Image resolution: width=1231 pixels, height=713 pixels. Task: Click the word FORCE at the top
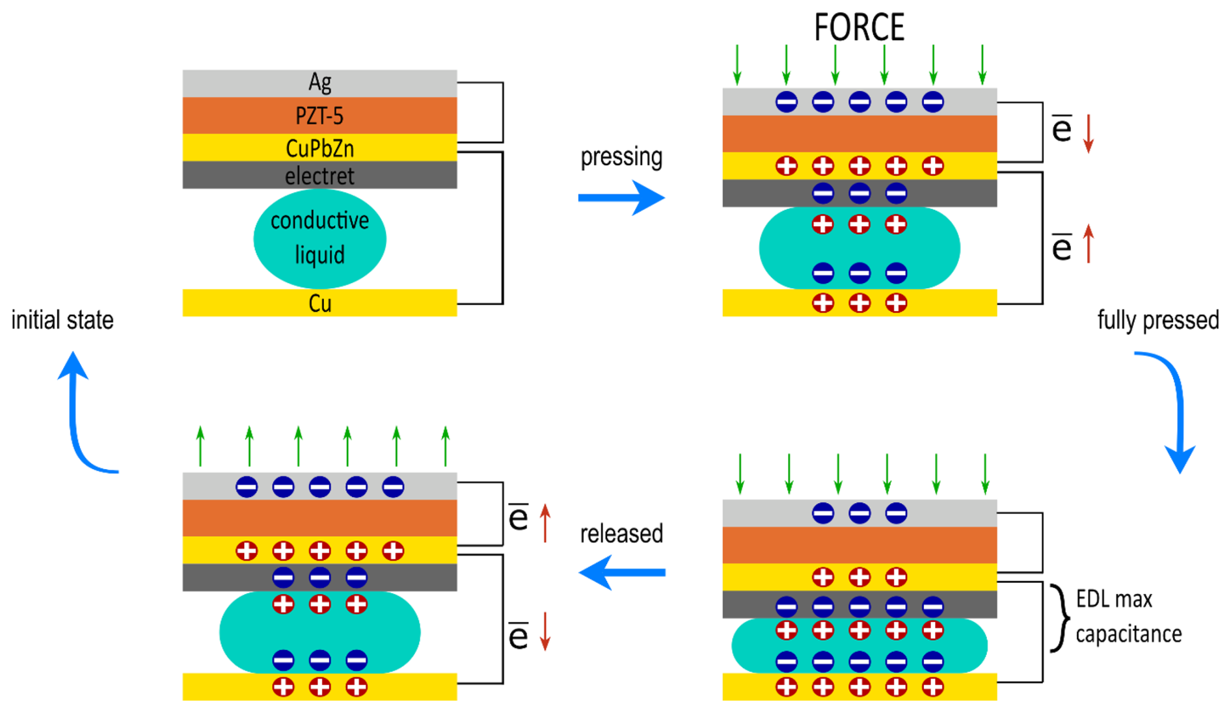point(859,27)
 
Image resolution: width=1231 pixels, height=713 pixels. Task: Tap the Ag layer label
point(319,83)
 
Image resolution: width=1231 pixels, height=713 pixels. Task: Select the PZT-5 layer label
point(319,116)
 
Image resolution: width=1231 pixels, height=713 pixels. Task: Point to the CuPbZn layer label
point(319,148)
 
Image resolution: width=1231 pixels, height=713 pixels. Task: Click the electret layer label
point(319,176)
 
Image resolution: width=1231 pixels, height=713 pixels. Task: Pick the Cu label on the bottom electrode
point(319,303)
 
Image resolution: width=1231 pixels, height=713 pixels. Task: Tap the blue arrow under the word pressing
point(621,197)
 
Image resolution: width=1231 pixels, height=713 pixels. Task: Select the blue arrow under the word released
point(621,572)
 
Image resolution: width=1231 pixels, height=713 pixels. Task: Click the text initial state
point(62,320)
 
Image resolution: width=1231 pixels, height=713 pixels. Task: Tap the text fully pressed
point(1157,320)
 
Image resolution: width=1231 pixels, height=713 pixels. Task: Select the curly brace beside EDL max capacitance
point(1060,617)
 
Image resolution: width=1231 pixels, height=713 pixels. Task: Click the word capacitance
point(1128,634)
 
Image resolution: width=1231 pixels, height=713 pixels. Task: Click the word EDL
point(1093,599)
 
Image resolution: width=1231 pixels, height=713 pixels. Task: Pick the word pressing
point(621,157)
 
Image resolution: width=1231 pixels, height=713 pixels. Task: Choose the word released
point(621,533)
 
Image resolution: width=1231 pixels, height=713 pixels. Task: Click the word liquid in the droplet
point(319,254)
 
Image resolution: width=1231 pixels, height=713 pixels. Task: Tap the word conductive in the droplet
point(319,221)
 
